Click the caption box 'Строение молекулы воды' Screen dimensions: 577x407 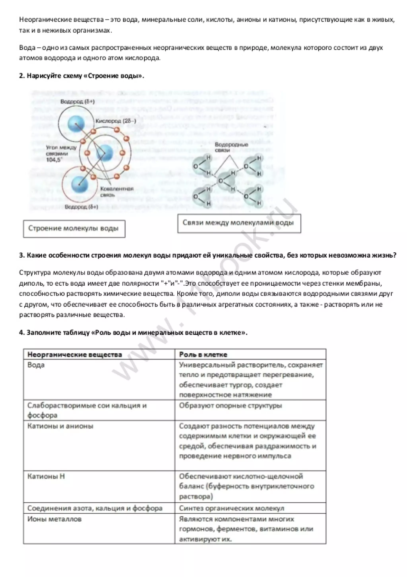[x=74, y=228]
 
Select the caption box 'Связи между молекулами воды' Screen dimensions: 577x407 [x=239, y=223]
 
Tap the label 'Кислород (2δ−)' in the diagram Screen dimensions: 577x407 [x=116, y=121]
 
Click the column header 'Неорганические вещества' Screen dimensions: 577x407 [x=75, y=355]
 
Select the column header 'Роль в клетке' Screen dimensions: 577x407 [x=203, y=355]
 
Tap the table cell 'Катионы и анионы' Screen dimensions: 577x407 [x=60, y=426]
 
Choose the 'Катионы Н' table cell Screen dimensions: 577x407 [x=46, y=476]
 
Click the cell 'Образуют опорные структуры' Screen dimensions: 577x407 [x=230, y=406]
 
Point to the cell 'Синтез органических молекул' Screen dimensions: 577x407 [x=231, y=508]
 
